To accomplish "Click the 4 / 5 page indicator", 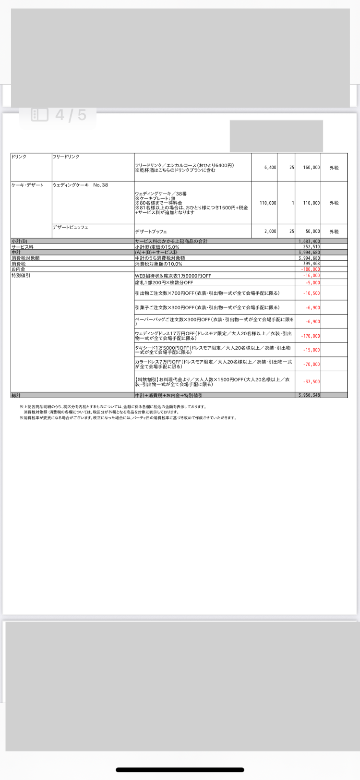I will pyautogui.click(x=71, y=115).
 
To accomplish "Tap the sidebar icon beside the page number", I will pyautogui.click(x=40, y=115).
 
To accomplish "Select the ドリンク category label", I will pyautogui.click(x=19, y=157).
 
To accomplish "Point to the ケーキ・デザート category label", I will pyautogui.click(x=27, y=185).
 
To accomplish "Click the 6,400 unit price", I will pyautogui.click(x=270, y=168).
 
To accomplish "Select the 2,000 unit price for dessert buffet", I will pyautogui.click(x=270, y=232).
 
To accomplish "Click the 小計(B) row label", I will pyautogui.click(x=20, y=241).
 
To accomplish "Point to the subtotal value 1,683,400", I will pyautogui.click(x=309, y=241).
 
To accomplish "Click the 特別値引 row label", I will pyautogui.click(x=21, y=276).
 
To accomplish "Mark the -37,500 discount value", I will pyautogui.click(x=312, y=382).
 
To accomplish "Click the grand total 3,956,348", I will pyautogui.click(x=309, y=395).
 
